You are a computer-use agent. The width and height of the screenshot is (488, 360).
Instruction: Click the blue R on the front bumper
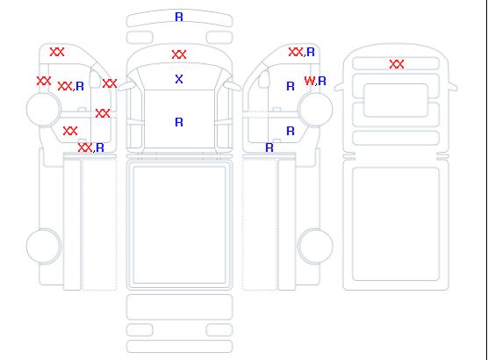(179, 17)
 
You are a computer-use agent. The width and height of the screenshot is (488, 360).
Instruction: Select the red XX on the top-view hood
(179, 54)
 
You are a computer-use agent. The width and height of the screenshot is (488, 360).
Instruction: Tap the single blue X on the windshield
(179, 79)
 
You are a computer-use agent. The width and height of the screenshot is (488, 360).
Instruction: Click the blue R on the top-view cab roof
(179, 122)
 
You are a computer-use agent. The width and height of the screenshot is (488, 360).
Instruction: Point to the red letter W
(309, 81)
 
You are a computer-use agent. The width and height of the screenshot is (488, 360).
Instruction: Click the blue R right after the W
(322, 81)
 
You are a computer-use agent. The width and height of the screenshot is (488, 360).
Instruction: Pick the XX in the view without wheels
(397, 64)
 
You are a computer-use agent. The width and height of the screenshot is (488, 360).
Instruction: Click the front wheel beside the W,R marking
(315, 109)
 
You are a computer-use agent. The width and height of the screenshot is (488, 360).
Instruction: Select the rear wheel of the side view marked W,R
(315, 246)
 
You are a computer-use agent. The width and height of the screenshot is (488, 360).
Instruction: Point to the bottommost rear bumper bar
(179, 347)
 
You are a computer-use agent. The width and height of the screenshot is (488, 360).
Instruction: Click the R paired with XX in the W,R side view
(311, 52)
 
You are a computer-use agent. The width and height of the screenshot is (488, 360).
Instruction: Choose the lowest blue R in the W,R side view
(269, 148)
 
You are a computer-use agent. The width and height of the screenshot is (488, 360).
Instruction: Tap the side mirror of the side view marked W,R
(264, 79)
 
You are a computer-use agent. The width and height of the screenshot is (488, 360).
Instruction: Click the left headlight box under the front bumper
(140, 38)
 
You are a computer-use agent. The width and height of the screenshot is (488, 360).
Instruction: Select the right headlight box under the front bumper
(219, 38)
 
